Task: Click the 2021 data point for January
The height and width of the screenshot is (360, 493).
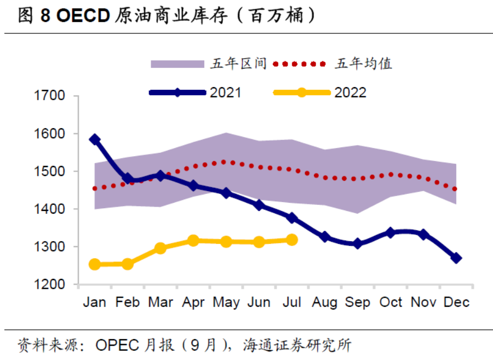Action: pos(95,140)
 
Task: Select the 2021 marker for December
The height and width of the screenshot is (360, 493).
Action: pos(456,258)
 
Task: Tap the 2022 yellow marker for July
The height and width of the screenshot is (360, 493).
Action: pos(292,239)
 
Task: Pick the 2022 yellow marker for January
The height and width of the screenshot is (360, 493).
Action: pos(95,265)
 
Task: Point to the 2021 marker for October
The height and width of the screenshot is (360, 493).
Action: pos(391,233)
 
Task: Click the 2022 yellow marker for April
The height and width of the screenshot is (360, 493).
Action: pos(193,241)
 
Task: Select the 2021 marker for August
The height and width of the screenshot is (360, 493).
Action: pos(325,237)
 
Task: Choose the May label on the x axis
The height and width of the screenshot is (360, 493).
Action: pos(226,302)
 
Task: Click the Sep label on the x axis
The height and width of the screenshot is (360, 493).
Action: pos(357,302)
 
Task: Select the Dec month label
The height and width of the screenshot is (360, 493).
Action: pos(456,302)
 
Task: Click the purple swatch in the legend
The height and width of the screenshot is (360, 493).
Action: pos(177,64)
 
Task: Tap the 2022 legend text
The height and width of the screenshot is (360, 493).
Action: pos(350,93)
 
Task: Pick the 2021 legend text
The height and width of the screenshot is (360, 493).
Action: pos(225,93)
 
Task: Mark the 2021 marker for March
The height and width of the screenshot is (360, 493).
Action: pos(160,175)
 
